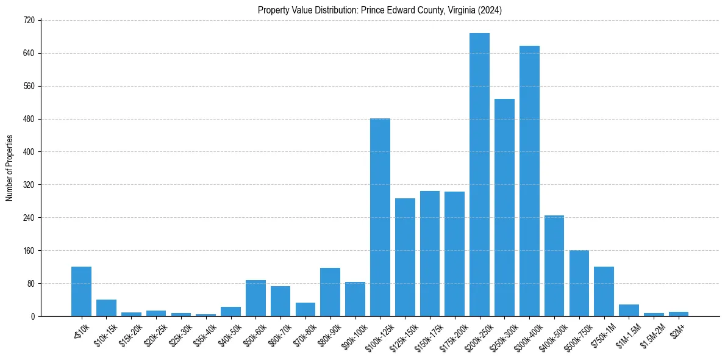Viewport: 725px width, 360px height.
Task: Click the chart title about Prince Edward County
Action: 379,10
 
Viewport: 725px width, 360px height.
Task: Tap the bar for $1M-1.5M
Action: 629,310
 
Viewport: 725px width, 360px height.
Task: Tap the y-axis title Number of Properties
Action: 9,168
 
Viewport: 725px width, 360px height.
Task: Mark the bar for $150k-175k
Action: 430,253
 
